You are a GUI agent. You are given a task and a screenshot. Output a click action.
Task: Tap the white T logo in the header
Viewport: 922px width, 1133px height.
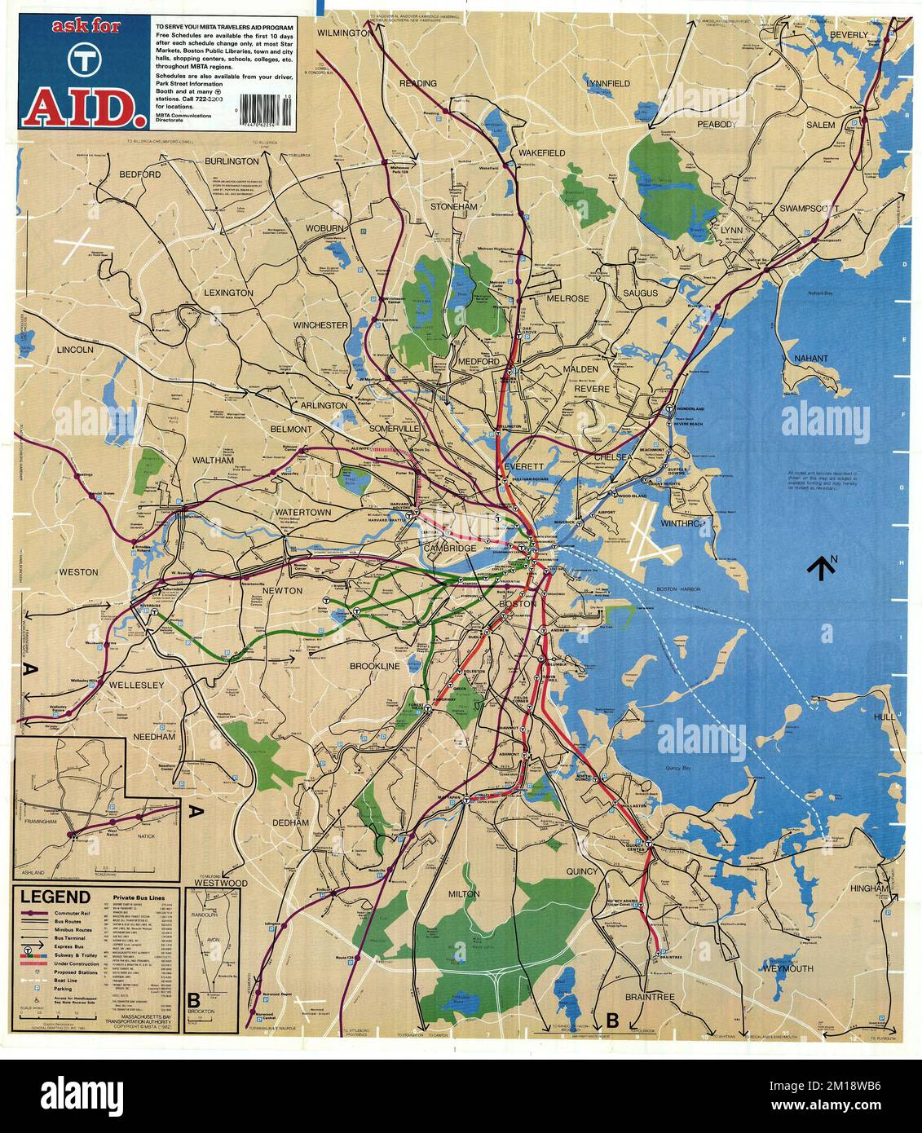click(80, 59)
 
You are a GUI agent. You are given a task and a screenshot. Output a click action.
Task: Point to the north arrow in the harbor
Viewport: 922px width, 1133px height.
click(821, 566)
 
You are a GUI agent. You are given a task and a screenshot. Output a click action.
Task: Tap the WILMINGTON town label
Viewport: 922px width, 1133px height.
click(344, 33)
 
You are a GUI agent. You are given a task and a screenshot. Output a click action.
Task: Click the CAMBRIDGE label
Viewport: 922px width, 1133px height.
click(448, 549)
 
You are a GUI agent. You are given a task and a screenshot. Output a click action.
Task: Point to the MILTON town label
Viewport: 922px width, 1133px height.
click(463, 893)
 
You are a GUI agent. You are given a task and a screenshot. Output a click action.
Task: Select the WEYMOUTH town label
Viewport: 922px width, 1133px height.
click(788, 968)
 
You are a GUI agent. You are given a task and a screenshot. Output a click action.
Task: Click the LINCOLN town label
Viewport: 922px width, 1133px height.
click(76, 349)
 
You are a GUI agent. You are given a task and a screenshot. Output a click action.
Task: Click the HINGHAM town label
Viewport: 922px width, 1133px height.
click(869, 888)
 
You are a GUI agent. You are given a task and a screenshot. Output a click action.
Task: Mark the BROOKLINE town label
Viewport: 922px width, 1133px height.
click(375, 666)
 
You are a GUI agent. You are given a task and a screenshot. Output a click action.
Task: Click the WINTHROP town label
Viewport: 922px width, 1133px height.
click(682, 523)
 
